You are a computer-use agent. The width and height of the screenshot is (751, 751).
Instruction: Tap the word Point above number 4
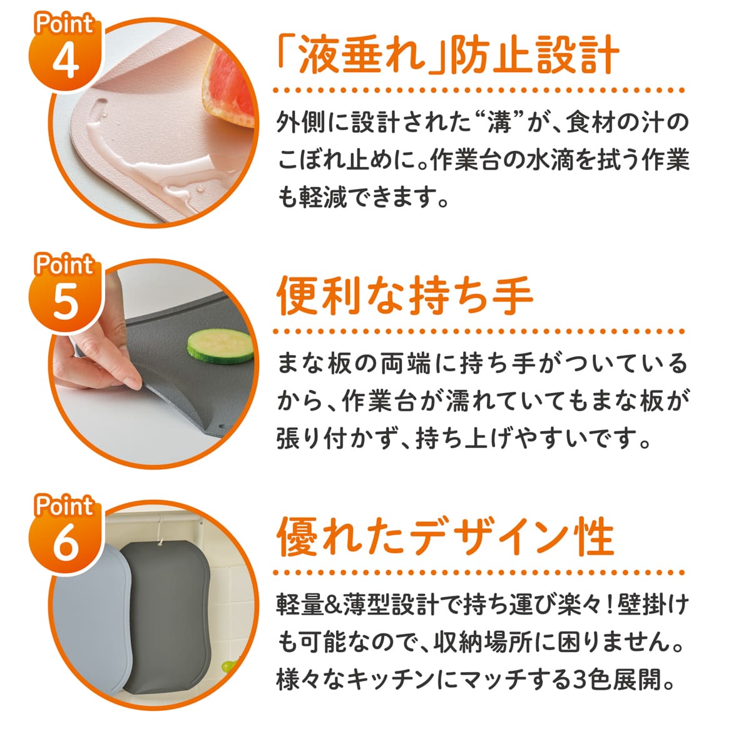click(x=64, y=24)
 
